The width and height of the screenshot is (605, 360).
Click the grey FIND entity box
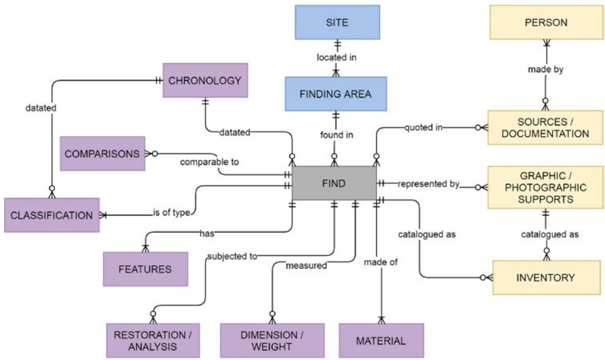[x=334, y=183]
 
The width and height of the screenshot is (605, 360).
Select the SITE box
[x=337, y=22]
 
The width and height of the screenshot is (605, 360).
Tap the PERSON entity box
[x=546, y=22]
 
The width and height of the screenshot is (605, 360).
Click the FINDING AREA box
[x=335, y=94]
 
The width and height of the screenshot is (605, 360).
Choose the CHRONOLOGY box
[x=205, y=81]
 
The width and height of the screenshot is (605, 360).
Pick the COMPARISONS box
[x=102, y=154]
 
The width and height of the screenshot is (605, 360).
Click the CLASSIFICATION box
[x=52, y=215]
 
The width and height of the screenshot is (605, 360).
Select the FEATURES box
[x=145, y=269]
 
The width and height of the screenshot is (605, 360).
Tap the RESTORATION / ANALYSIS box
[x=153, y=340]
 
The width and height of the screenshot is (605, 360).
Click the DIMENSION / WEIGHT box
[x=272, y=340]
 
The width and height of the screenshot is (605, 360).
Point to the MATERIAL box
[x=381, y=340]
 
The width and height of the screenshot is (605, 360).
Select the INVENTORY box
[x=546, y=278]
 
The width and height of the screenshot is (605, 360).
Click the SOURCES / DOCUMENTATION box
[x=545, y=128]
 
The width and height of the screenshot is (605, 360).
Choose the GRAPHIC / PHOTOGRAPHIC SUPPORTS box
[x=545, y=187]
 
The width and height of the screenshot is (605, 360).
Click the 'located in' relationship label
[x=337, y=57]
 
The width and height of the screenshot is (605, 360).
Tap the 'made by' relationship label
[x=546, y=69]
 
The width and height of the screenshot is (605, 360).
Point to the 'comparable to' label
[x=209, y=162]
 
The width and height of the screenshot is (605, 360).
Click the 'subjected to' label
[x=232, y=256]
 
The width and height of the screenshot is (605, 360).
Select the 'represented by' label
[x=428, y=184]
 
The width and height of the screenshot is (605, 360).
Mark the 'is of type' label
[x=172, y=212]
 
